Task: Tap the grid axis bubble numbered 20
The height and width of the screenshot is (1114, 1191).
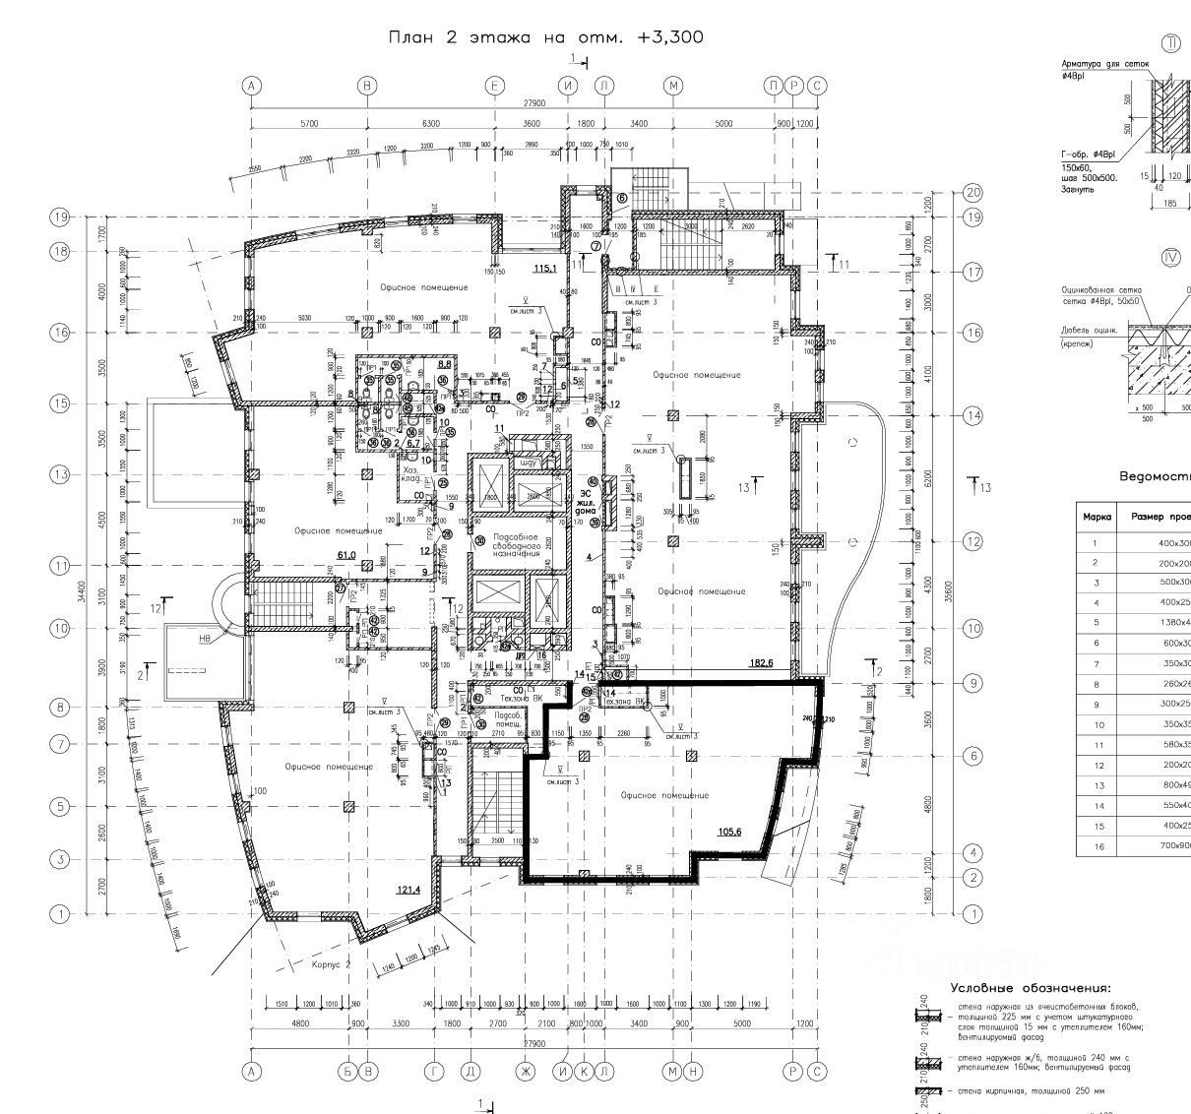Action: [x=974, y=193]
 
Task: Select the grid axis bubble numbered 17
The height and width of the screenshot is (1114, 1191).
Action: [x=974, y=273]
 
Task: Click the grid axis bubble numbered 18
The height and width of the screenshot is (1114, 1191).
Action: [x=60, y=252]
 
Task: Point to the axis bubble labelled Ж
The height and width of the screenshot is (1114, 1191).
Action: [x=527, y=1071]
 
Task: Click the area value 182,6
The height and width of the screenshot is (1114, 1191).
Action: [x=763, y=663]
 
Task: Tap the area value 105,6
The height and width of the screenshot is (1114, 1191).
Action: [x=729, y=833]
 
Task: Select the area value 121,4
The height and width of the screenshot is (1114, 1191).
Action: [x=408, y=890]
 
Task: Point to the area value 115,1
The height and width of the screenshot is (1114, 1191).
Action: [x=545, y=268]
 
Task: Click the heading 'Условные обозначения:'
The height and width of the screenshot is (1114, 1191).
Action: [x=1030, y=988]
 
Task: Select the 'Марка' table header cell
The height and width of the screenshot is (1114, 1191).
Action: [x=1097, y=517]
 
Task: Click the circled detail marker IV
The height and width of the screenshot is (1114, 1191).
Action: [x=1171, y=258]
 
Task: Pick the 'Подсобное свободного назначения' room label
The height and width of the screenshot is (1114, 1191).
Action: [x=517, y=545]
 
